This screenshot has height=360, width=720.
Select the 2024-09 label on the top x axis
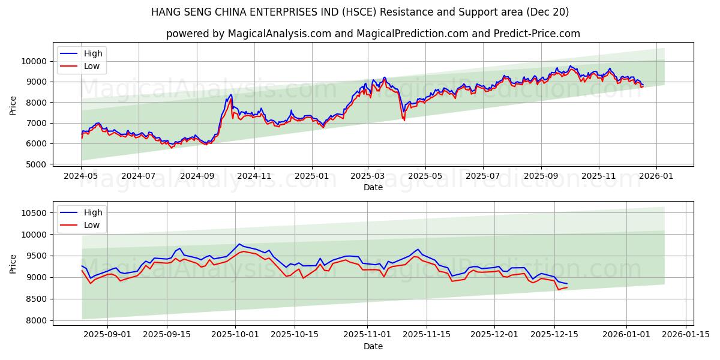197,176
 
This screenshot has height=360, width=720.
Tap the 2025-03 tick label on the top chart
368,176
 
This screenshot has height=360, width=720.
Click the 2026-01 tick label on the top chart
655,176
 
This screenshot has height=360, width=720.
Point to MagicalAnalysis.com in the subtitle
280,34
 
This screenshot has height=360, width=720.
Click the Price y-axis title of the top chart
13,106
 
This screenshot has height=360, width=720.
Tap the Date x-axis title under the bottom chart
373,346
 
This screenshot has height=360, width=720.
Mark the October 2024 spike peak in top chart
231,94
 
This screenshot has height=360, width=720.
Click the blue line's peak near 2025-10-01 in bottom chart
239,244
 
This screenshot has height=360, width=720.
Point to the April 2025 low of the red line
404,120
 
